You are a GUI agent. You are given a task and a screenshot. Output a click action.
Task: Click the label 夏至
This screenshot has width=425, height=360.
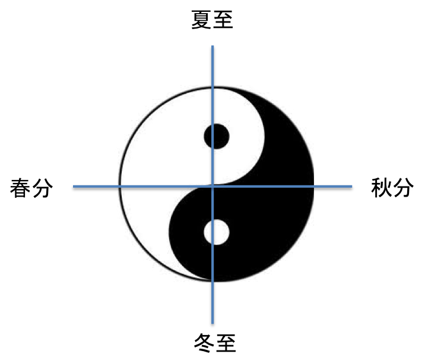(213, 20)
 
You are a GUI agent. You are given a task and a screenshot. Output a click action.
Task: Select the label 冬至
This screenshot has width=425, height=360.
(215, 343)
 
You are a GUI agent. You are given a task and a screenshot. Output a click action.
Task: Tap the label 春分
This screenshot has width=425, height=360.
(31, 188)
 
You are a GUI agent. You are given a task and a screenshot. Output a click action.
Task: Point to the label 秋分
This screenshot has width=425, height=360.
(392, 188)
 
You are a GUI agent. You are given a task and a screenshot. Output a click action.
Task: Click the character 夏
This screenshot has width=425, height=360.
(201, 20)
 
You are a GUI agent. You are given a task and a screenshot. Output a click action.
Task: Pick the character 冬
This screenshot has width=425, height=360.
(204, 343)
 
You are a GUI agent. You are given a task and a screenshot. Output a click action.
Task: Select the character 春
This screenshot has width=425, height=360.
(20, 188)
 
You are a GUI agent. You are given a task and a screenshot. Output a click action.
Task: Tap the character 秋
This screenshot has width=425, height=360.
(381, 188)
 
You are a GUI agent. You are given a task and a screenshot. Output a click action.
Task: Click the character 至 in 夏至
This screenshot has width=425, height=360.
(223, 20)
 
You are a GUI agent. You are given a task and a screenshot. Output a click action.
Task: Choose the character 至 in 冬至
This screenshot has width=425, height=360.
(226, 343)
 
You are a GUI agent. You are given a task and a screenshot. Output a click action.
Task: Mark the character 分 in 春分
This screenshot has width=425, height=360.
(43, 188)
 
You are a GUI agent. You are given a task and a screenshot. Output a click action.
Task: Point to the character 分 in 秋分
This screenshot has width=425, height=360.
(404, 188)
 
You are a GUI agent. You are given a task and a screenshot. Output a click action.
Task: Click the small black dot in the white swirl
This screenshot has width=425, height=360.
(217, 136)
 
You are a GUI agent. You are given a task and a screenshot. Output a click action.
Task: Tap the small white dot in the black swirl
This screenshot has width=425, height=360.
(217, 232)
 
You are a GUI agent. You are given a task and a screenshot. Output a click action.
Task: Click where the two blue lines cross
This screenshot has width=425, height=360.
(213, 187)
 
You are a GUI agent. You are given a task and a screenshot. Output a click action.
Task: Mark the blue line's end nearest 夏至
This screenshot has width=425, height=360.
(213, 46)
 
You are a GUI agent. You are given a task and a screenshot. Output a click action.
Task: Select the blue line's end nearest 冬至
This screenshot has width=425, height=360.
(213, 323)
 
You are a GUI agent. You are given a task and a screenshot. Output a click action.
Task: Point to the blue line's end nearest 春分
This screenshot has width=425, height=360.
(74, 187)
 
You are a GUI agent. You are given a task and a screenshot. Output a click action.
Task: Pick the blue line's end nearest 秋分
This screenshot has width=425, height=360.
(352, 187)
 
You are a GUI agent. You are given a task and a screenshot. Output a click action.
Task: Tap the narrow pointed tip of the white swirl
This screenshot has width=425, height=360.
(210, 279)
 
